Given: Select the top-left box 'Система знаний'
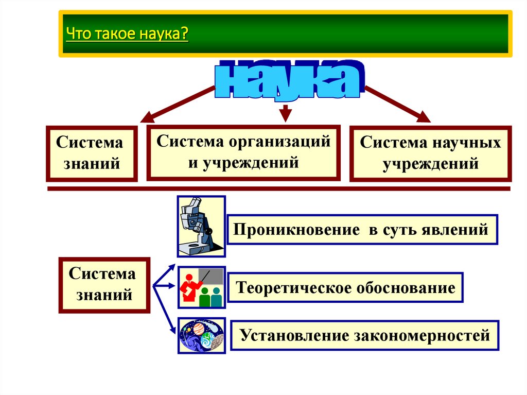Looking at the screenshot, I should [x=92, y=153].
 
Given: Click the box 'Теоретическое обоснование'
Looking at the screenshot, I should [x=345, y=287].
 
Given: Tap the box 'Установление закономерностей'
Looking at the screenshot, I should [x=364, y=336].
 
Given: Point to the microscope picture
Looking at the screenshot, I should [x=201, y=226].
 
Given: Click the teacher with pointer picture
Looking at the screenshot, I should [x=201, y=287].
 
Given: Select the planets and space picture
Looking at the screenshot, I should [x=201, y=335].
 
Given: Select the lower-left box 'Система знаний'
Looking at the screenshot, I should [x=104, y=285].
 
